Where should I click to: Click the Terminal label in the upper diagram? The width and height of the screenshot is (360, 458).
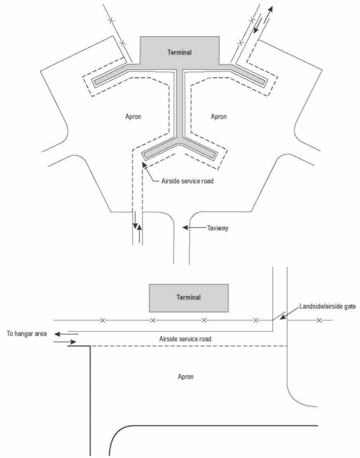[x=179, y=52]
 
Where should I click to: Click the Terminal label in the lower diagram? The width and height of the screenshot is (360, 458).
[x=189, y=297]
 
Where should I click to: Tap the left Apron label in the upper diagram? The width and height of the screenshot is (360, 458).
[x=133, y=117]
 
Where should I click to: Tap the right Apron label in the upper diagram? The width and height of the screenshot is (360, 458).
[x=219, y=117]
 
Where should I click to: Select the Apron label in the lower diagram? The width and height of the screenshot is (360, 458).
[x=186, y=377]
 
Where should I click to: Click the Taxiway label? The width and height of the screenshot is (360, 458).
[x=217, y=228]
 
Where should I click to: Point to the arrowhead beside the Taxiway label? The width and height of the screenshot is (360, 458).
[x=185, y=227]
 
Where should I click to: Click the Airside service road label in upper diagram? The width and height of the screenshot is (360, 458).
[x=187, y=181]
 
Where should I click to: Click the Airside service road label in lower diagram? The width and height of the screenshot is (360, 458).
[x=185, y=339]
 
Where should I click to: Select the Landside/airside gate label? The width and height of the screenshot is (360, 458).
[x=327, y=306]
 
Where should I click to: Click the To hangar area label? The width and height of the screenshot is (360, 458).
[x=27, y=334]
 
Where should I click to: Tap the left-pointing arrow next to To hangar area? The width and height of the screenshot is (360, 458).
[x=66, y=334]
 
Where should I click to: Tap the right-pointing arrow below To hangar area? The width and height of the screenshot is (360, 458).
[x=65, y=342]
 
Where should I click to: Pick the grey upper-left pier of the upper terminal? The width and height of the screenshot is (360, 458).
[x=111, y=76]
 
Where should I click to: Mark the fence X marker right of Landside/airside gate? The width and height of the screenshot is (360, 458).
[x=319, y=321]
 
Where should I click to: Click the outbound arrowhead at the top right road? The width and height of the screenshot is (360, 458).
[x=270, y=9]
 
